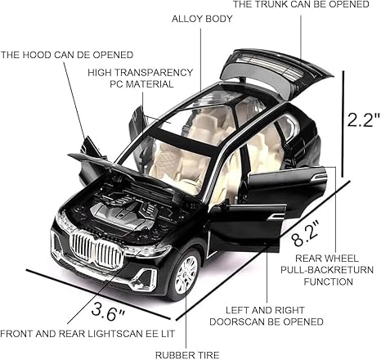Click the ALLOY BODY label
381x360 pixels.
click(x=202, y=19)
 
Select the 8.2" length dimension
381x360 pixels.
click(x=306, y=234)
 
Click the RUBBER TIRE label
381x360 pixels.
click(x=187, y=355)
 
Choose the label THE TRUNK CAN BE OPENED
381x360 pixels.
click(x=301, y=4)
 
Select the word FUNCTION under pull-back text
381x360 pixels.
click(x=329, y=281)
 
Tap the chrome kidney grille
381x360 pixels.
click(x=96, y=250)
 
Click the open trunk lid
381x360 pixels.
click(x=276, y=72)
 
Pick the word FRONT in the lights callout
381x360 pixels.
click(x=16, y=334)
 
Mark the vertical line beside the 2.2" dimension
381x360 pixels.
click(x=344, y=124)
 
